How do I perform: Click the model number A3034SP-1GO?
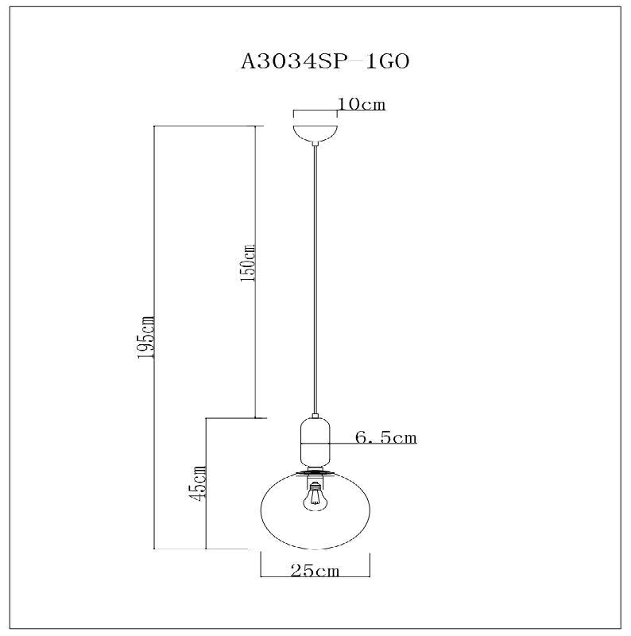[x=324, y=63]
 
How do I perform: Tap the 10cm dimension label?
[x=362, y=105]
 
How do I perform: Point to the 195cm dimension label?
[x=145, y=337]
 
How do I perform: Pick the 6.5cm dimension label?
[x=385, y=437]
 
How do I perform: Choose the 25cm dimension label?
[x=316, y=571]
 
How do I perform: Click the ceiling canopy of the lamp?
[x=315, y=132]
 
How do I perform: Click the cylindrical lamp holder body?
[x=315, y=441]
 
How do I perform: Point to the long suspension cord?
[x=316, y=278]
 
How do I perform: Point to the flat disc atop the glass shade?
[x=316, y=473]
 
